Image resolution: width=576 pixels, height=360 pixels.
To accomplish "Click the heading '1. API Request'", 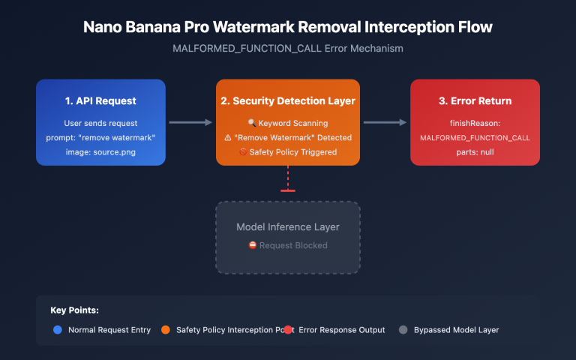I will pyautogui.click(x=100, y=100).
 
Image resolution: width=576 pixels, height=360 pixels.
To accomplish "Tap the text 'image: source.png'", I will pyautogui.click(x=100, y=152).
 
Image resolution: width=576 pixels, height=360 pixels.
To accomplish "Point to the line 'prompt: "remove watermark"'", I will pyautogui.click(x=100, y=138).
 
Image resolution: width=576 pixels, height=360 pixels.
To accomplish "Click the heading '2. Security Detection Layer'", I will pyautogui.click(x=288, y=100).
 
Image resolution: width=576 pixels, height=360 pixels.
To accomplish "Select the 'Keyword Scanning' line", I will pyautogui.click(x=293, y=123).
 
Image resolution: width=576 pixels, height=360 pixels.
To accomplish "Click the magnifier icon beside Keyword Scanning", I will pyautogui.click(x=251, y=123).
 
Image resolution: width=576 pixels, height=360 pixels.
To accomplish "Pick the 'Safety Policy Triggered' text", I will pyautogui.click(x=293, y=152).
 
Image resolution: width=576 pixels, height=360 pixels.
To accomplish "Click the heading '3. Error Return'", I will pyautogui.click(x=475, y=100).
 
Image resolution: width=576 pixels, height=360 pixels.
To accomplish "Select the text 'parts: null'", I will pyautogui.click(x=475, y=152).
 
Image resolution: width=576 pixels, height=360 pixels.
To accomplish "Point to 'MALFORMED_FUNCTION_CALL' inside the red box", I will pyautogui.click(x=475, y=138).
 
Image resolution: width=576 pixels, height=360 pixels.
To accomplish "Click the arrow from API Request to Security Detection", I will pyautogui.click(x=190, y=122).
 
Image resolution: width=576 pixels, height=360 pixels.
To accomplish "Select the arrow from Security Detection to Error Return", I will pyautogui.click(x=385, y=122).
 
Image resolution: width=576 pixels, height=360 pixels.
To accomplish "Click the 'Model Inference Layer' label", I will pyautogui.click(x=288, y=226).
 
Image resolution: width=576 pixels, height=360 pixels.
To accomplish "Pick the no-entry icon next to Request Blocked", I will pyautogui.click(x=252, y=245).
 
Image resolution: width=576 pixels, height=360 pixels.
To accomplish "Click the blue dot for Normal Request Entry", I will pyautogui.click(x=57, y=329).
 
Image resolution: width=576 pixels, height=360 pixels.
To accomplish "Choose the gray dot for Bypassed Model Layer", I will pyautogui.click(x=403, y=329).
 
